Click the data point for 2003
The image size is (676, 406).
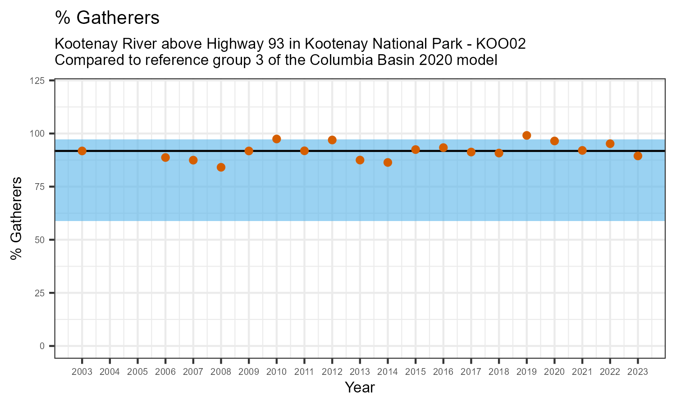(x=82, y=151)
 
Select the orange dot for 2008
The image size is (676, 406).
(x=221, y=167)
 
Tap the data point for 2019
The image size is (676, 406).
(x=526, y=135)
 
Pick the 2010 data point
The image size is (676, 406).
(x=277, y=139)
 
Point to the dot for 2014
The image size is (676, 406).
(x=388, y=162)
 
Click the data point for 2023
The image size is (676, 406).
(x=638, y=156)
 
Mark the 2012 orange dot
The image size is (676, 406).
(x=332, y=140)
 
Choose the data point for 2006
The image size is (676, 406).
(x=165, y=157)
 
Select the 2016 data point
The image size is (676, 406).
(x=443, y=148)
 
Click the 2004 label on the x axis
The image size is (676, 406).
(x=110, y=372)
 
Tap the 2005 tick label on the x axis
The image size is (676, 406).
(x=137, y=372)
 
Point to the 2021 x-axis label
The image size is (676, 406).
(x=582, y=372)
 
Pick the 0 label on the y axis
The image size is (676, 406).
(x=42, y=346)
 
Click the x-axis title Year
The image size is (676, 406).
(x=360, y=388)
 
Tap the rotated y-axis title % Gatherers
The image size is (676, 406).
(x=17, y=218)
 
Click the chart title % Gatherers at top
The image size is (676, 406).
(x=107, y=18)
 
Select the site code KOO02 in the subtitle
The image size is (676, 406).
(x=501, y=44)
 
